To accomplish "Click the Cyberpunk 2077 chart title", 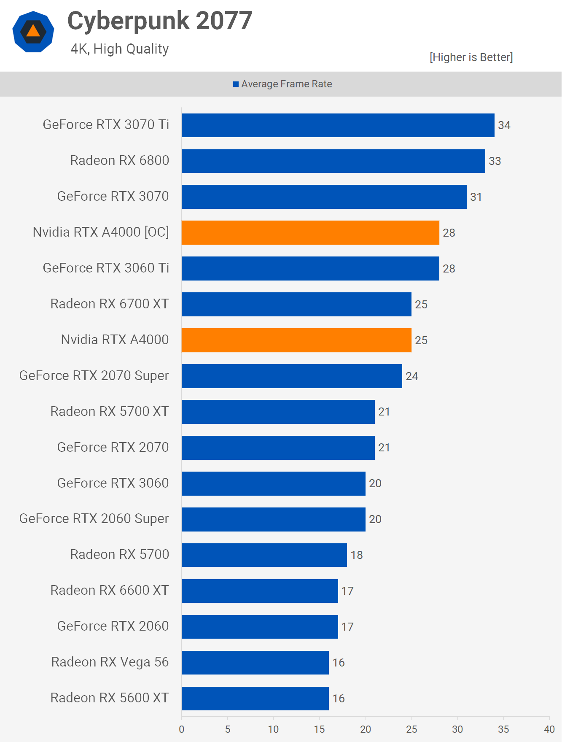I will (160, 21).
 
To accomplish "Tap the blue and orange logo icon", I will (33, 32).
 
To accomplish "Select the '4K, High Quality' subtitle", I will (120, 49).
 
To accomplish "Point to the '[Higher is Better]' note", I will (471, 57).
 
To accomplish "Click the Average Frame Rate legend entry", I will (282, 84).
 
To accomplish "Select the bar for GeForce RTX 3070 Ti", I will (338, 125).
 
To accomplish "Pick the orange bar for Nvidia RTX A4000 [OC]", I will (310, 232).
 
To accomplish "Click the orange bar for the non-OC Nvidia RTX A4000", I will (296, 340).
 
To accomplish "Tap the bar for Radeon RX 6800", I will (333, 161).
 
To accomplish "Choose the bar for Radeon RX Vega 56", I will (255, 662).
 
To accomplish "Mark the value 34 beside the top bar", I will (504, 125).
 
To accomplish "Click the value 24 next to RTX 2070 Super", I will (412, 376).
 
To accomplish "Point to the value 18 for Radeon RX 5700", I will (357, 555).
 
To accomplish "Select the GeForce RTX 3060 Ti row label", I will (106, 268).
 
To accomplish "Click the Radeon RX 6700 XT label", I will (110, 304).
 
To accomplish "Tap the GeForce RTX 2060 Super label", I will (94, 519).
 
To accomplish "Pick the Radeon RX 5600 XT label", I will (110, 698).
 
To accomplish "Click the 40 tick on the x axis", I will (549, 729).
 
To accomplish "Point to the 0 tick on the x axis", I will (182, 729).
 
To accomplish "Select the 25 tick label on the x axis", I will (411, 729).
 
